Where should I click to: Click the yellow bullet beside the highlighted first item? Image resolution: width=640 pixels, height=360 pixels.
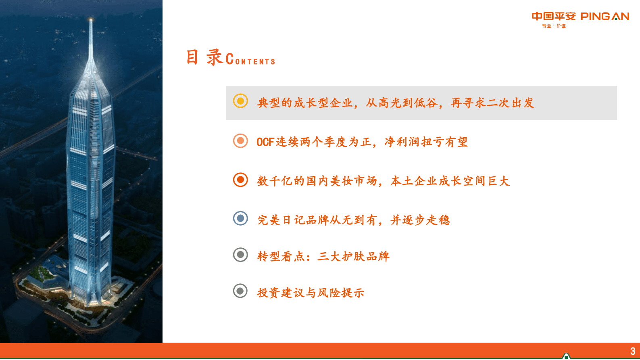point(240,101)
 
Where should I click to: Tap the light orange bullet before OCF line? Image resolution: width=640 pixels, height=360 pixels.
point(240,140)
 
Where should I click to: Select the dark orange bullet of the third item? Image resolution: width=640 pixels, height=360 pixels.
point(240,180)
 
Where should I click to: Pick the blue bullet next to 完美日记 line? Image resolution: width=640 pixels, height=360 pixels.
point(240,218)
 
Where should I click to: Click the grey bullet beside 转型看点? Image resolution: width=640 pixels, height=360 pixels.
point(240,255)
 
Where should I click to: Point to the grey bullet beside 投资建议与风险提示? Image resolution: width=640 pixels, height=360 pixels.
point(240,291)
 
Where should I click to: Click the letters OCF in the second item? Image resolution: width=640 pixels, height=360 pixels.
point(265,142)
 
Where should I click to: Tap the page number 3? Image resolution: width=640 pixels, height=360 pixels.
point(632,351)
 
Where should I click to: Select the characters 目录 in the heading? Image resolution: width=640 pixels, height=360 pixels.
point(204,57)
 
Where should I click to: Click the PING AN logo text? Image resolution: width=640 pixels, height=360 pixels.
point(605,17)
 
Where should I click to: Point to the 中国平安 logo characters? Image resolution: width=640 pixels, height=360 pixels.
point(553,17)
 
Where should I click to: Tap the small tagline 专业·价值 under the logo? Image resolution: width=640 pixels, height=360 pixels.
point(554,26)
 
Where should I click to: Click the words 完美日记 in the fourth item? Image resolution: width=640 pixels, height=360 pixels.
point(281,220)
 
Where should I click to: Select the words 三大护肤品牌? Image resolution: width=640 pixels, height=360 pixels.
point(353,256)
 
